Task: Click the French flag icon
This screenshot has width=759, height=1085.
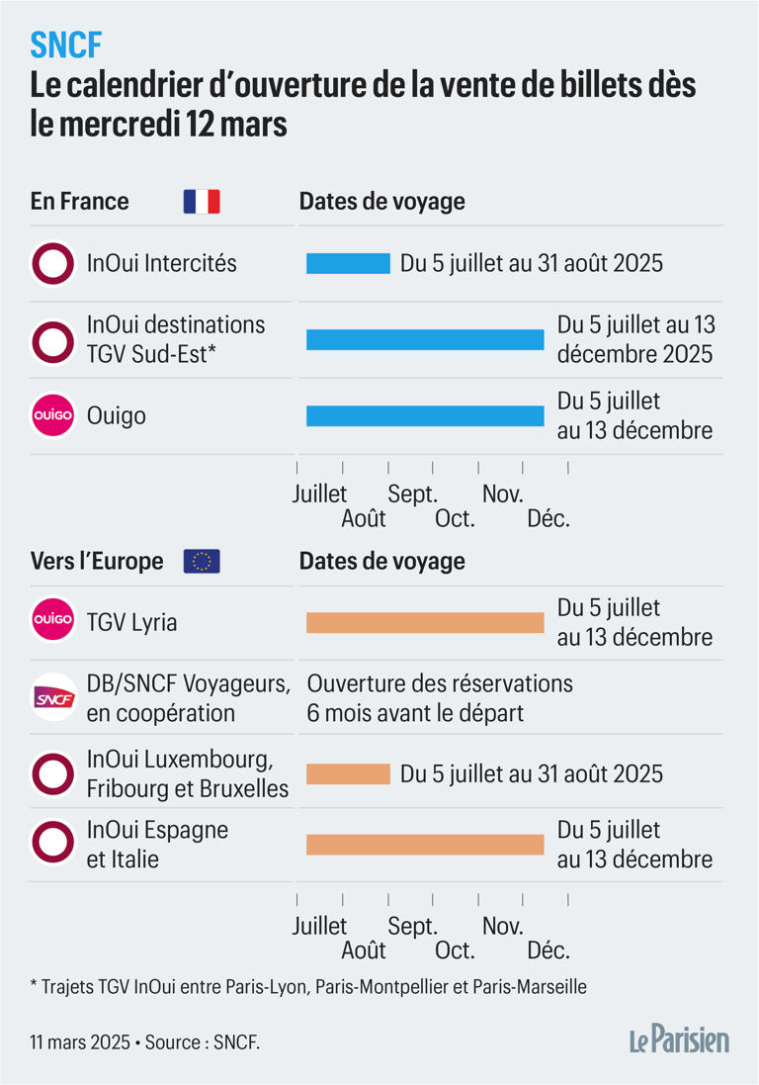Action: pyautogui.click(x=202, y=202)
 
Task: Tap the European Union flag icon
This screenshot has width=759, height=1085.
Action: pyautogui.click(x=202, y=562)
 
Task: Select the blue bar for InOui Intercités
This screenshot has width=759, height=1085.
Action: pyautogui.click(x=348, y=264)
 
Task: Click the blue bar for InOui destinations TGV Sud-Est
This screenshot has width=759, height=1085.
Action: pyautogui.click(x=425, y=339)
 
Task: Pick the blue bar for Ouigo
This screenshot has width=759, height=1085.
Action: pyautogui.click(x=425, y=416)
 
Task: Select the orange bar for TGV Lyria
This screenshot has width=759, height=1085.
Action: pyautogui.click(x=425, y=622)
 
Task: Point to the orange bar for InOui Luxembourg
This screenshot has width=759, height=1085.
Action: pyautogui.click(x=348, y=774)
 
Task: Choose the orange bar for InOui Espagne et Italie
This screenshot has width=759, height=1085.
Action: pyautogui.click(x=425, y=845)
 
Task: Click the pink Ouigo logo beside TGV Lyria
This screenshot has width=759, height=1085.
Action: pyautogui.click(x=52, y=621)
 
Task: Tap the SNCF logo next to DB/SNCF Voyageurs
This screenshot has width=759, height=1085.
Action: pyautogui.click(x=52, y=698)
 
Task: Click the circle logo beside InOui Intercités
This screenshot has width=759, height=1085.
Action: pyautogui.click(x=52, y=264)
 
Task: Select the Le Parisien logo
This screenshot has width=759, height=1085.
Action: pyautogui.click(x=679, y=1040)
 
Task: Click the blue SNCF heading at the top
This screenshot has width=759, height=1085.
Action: pyautogui.click(x=65, y=44)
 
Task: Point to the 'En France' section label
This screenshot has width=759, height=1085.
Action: pyautogui.click(x=80, y=202)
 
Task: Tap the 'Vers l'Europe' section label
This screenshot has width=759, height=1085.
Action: pyautogui.click(x=97, y=562)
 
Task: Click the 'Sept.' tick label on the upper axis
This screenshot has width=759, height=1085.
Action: pyautogui.click(x=412, y=493)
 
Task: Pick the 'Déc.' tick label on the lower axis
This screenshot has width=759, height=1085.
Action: pyautogui.click(x=548, y=951)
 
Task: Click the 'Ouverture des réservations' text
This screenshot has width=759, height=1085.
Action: pyautogui.click(x=440, y=683)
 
